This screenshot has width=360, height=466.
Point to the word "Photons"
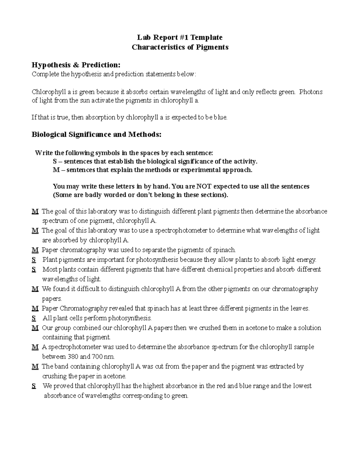pyautogui.click(x=311, y=92)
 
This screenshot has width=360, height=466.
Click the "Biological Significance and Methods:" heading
pyautogui.click(x=96, y=134)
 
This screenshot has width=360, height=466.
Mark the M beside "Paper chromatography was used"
pyautogui.click(x=35, y=250)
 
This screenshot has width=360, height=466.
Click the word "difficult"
pyautogui.click(x=94, y=289)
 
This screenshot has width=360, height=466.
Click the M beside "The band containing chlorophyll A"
pyautogui.click(x=35, y=366)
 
